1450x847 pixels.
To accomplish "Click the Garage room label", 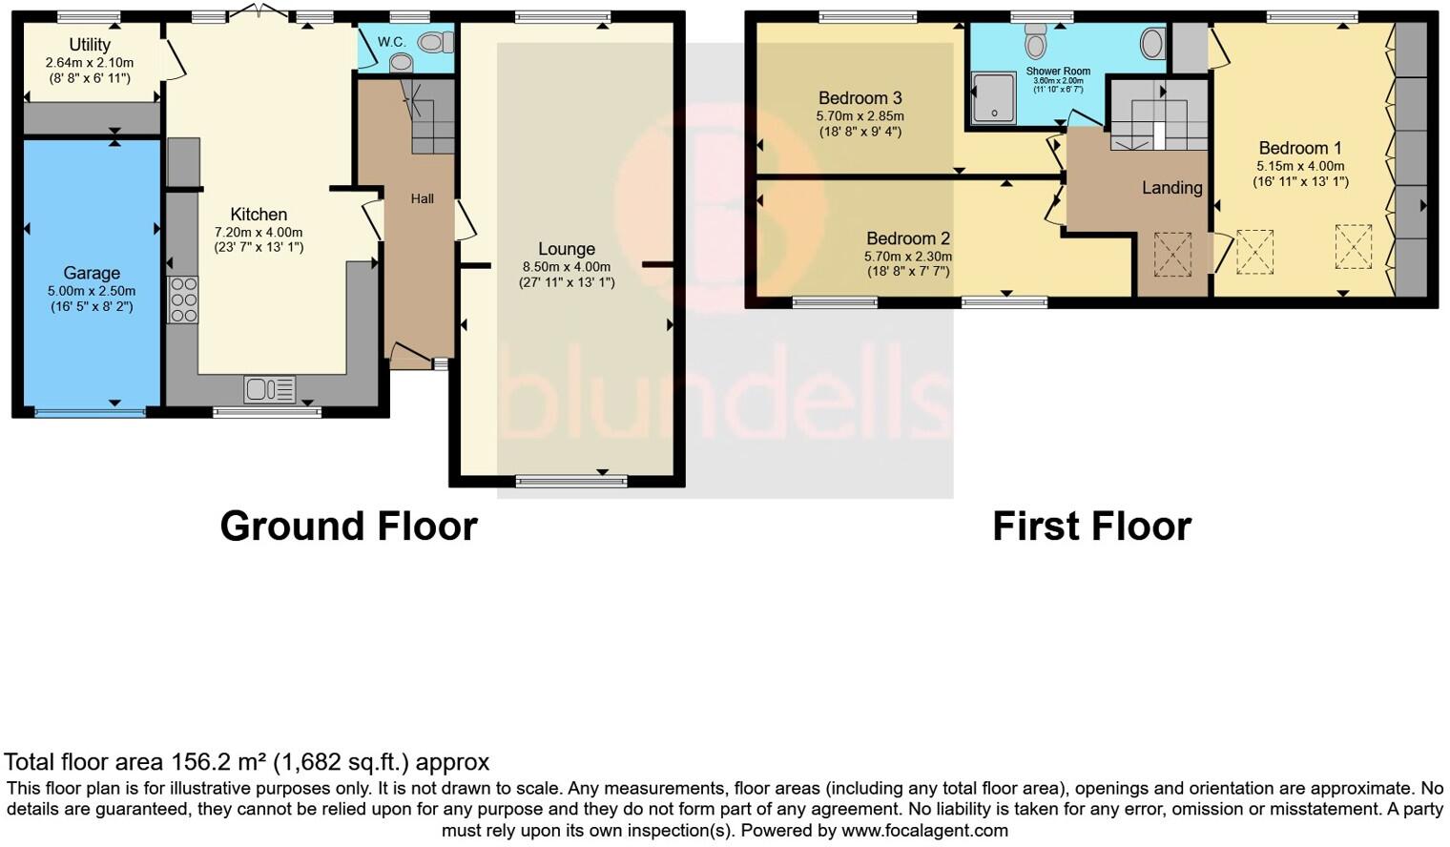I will [92, 273].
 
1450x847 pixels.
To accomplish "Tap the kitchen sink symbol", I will [269, 389].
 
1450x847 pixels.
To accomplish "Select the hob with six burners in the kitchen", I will [182, 300].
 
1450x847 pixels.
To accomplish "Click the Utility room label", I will [90, 45].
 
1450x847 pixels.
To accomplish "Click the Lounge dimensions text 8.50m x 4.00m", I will [567, 267].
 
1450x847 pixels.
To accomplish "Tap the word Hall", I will [422, 198].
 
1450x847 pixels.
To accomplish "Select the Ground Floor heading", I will [348, 527].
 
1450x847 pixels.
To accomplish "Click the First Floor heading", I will [1091, 527].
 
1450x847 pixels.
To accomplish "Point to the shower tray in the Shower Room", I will [994, 99].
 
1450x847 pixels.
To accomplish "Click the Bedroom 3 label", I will [860, 98].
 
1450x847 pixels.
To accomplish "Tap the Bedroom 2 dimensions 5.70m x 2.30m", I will [907, 257].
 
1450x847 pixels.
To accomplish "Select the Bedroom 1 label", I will [1299, 148].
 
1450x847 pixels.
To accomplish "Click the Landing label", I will [1171, 188].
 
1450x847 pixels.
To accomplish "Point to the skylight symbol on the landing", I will [1172, 254].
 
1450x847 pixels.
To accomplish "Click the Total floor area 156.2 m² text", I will [246, 762].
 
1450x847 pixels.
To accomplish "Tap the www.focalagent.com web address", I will [924, 830].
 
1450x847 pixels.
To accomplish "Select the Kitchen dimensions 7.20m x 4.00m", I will [259, 233].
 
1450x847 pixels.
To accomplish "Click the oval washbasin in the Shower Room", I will [1152, 43].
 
